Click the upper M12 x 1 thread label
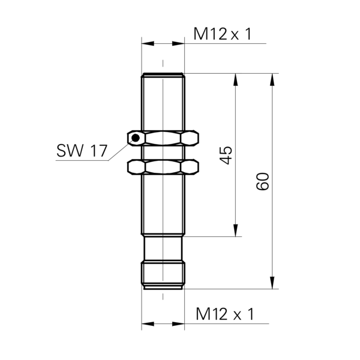[x=226, y=34]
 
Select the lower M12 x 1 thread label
[x=229, y=314]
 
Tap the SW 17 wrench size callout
[x=82, y=152]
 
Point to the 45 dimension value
[x=225, y=155]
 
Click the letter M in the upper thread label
[x=200, y=34]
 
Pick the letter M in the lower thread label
[x=203, y=314]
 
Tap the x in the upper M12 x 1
[x=234, y=35]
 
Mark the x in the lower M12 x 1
[x=236, y=315]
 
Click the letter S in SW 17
[x=61, y=152]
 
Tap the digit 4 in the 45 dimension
[x=225, y=160]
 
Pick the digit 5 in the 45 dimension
[x=225, y=149]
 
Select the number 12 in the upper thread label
[x=217, y=34]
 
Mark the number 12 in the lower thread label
[x=220, y=314]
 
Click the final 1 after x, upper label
[x=247, y=34]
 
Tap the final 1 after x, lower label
[x=250, y=314]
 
